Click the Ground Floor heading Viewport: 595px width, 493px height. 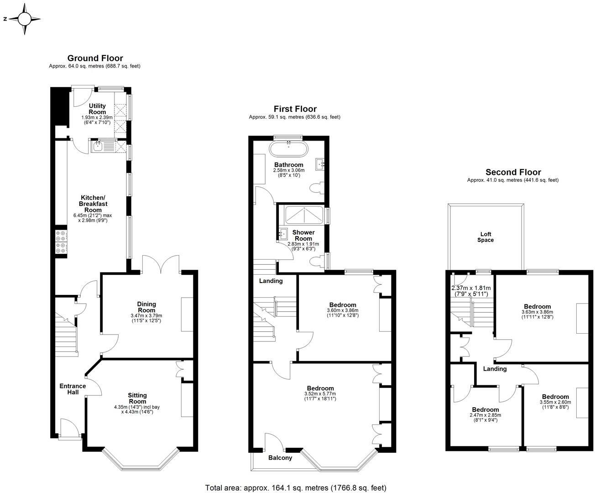click(x=95, y=58)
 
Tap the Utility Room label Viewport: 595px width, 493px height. click(x=97, y=109)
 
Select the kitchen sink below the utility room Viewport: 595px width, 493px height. click(x=99, y=146)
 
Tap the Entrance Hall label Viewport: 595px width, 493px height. click(x=73, y=389)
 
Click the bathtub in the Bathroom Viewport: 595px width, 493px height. click(x=288, y=149)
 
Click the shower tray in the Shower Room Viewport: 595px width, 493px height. click(x=303, y=215)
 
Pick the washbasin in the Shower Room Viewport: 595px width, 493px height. click(x=282, y=234)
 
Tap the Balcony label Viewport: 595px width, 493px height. click(x=280, y=457)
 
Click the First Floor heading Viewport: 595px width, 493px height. click(x=295, y=109)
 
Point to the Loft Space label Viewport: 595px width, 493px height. click(x=485, y=237)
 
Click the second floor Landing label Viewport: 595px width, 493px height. click(x=495, y=369)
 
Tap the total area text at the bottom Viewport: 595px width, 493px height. click(x=296, y=487)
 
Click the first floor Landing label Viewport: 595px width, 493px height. click(x=271, y=281)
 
